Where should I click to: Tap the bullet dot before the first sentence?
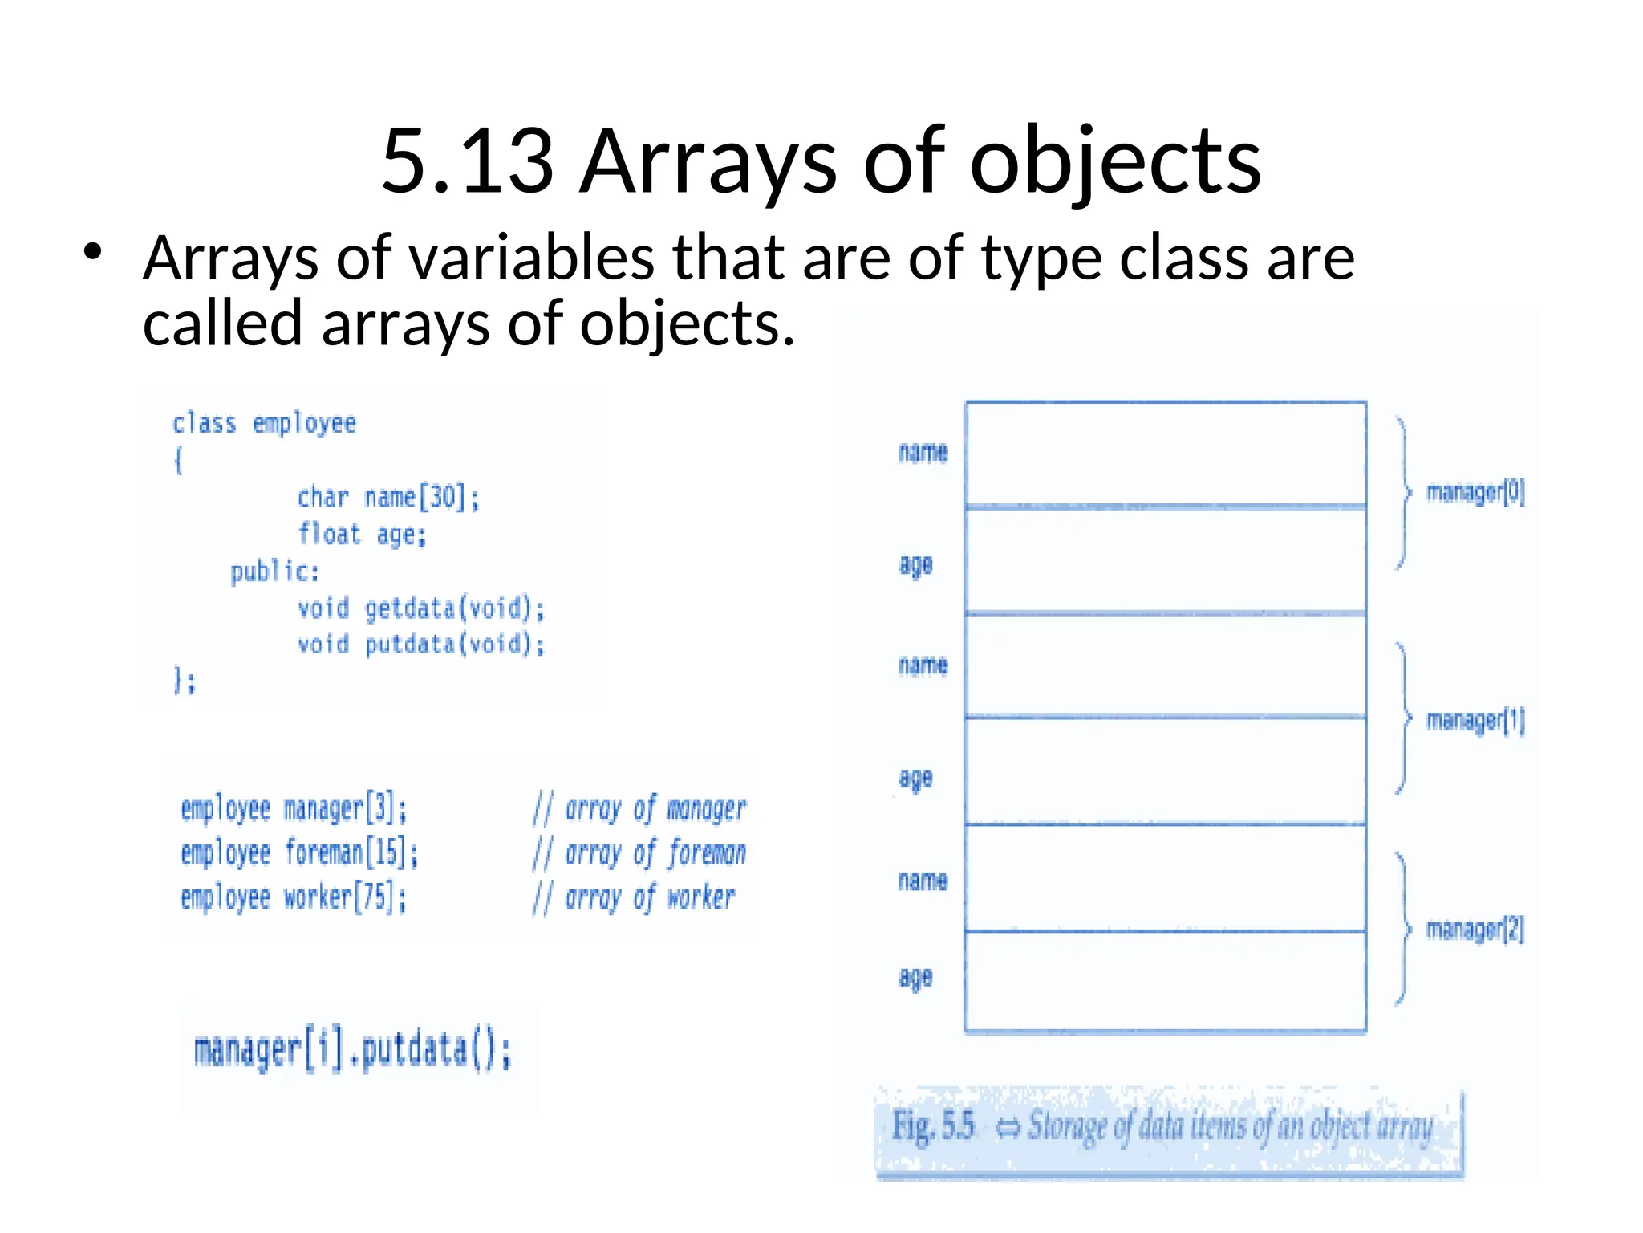coord(93,252)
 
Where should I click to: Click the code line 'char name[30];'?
coord(388,498)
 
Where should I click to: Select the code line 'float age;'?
coord(362,535)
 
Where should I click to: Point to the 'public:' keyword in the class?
coord(274,572)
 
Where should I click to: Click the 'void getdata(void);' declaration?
coord(421,608)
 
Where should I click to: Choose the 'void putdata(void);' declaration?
coord(421,645)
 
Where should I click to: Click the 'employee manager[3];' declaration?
coord(294,808)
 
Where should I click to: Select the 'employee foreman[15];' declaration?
coord(299,853)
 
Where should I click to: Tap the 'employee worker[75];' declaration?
coord(294,897)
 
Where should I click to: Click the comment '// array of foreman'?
coord(639,853)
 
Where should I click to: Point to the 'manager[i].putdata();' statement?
coord(352,1051)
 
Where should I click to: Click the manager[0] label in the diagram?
coord(1475,491)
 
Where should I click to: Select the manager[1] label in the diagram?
coord(1475,720)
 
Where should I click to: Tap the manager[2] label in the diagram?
coord(1475,929)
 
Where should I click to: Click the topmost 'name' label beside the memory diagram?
coord(923,453)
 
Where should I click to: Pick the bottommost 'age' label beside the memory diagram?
coord(915,977)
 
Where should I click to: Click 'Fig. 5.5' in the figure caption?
coord(933,1125)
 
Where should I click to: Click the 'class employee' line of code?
coord(264,423)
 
